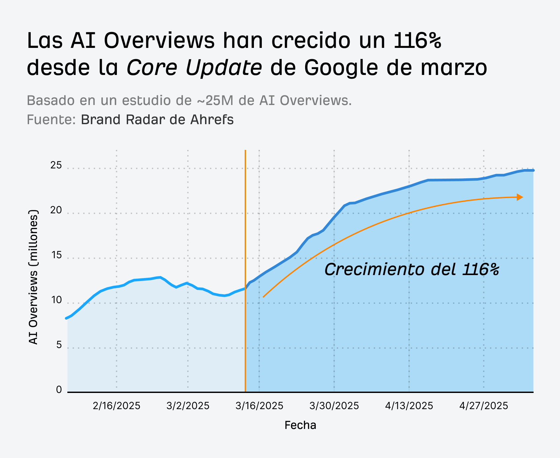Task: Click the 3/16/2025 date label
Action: (259, 406)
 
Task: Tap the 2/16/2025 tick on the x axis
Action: (117, 406)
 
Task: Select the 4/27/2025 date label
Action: (484, 406)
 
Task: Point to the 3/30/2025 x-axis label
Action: (334, 406)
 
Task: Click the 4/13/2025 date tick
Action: (409, 406)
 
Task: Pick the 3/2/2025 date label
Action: (188, 406)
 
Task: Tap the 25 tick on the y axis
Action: (56, 165)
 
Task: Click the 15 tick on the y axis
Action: (56, 255)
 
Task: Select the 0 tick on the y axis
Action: (59, 390)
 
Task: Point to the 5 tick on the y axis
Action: (59, 345)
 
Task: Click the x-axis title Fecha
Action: (300, 425)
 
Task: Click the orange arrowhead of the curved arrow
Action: (520, 197)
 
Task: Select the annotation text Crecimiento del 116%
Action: (411, 269)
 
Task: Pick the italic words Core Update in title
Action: (194, 67)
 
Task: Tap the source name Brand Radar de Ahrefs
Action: (157, 120)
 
